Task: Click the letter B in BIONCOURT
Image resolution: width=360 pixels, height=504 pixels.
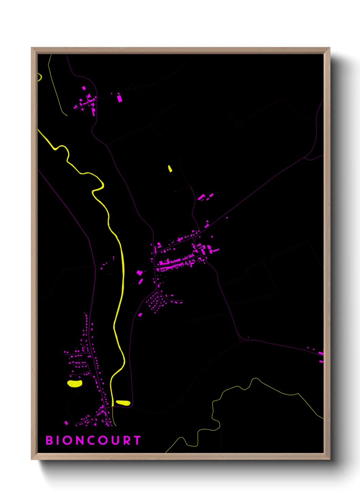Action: (49, 440)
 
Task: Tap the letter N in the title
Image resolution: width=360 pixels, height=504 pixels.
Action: (78, 440)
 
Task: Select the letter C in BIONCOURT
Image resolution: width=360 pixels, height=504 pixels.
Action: (91, 440)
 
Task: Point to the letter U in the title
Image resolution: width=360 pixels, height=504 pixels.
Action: (115, 440)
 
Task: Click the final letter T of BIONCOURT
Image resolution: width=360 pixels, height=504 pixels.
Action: (137, 440)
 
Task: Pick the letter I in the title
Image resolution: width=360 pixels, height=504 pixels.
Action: (59, 440)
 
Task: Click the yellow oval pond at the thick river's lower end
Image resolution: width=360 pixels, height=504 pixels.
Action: (123, 403)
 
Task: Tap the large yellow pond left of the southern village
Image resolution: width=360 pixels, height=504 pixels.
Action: (75, 383)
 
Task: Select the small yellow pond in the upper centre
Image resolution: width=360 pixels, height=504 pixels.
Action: (170, 168)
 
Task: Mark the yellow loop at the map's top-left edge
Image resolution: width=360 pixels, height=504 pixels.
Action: (40, 78)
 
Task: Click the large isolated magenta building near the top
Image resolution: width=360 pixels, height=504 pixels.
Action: (119, 98)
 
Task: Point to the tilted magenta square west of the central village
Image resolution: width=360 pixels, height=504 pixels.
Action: (139, 272)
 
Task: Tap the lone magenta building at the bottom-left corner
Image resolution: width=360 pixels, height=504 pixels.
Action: (66, 423)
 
